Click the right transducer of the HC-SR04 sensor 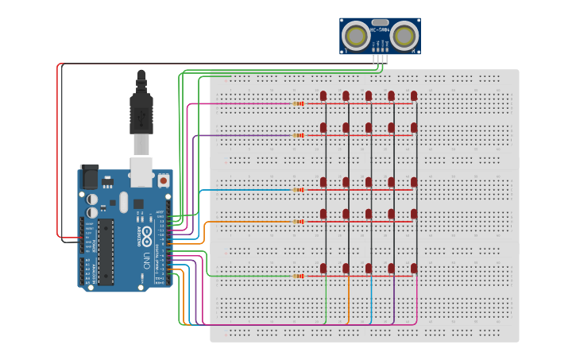coord(404,36)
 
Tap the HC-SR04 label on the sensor coord(381,29)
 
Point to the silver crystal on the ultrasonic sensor coord(381,22)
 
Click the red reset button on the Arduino coord(164,180)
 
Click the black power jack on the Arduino coord(88,176)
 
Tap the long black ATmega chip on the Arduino coord(106,250)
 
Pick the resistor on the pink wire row coord(299,103)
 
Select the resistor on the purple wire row coord(299,135)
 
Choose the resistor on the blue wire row coord(299,190)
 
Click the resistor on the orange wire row coord(299,222)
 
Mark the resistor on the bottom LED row coord(299,277)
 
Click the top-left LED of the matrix coord(323,96)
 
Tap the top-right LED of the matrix coord(414,96)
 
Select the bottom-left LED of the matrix coord(323,269)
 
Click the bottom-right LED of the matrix coord(414,269)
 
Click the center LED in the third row coord(369,183)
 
